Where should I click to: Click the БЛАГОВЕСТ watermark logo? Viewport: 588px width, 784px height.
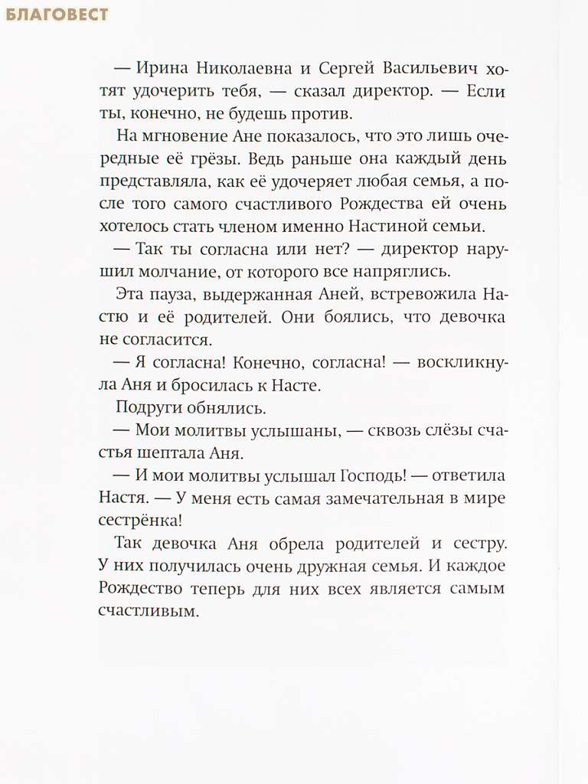[56, 15]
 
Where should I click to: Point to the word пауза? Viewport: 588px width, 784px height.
[165, 295]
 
